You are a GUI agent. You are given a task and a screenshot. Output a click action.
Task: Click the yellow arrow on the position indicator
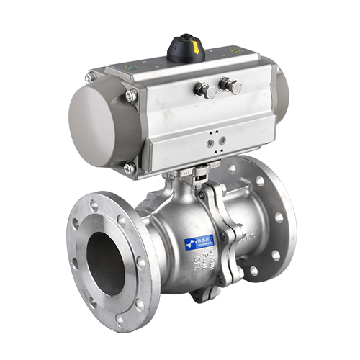coord(195,48)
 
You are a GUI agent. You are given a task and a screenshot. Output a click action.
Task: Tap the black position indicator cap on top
coord(186,48)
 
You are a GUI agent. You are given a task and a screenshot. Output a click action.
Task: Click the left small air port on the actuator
coord(210,143)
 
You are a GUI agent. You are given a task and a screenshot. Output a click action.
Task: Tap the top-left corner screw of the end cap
coord(91,76)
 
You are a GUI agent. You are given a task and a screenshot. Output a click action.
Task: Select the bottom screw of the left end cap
coord(130,168)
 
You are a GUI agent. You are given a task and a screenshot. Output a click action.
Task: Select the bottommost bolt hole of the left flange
coord(120,318)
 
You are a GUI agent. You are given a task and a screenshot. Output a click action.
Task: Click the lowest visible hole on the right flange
coord(254,271)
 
